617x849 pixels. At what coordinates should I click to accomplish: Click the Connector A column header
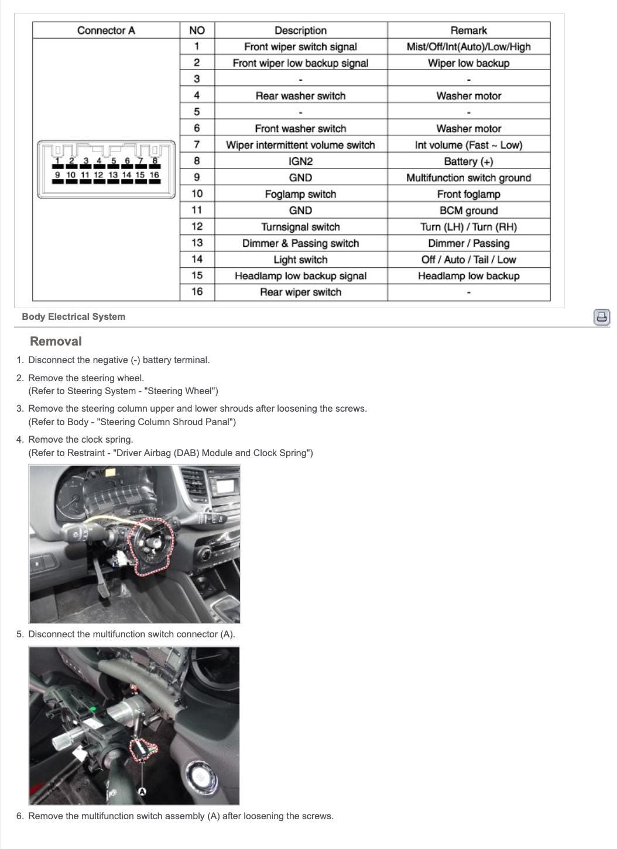click(106, 30)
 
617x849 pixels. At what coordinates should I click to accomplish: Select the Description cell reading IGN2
click(300, 161)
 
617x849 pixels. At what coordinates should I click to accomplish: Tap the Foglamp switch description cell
click(300, 194)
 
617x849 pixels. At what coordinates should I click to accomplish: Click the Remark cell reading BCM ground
click(468, 210)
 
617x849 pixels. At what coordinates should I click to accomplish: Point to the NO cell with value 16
click(197, 292)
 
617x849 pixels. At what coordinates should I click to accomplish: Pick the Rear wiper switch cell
click(300, 292)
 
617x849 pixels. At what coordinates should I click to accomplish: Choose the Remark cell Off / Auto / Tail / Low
click(468, 260)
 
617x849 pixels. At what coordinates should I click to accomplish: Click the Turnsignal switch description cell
click(300, 227)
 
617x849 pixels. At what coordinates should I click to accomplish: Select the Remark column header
click(468, 30)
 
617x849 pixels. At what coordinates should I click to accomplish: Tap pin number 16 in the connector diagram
click(154, 175)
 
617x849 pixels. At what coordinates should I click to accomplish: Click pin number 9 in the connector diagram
click(57, 175)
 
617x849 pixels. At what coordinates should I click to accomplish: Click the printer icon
click(602, 317)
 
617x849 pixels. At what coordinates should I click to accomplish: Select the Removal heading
click(56, 341)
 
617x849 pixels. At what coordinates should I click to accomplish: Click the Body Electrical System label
click(73, 317)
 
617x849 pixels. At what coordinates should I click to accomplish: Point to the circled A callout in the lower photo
click(142, 792)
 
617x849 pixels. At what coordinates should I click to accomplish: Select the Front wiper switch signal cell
click(300, 47)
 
